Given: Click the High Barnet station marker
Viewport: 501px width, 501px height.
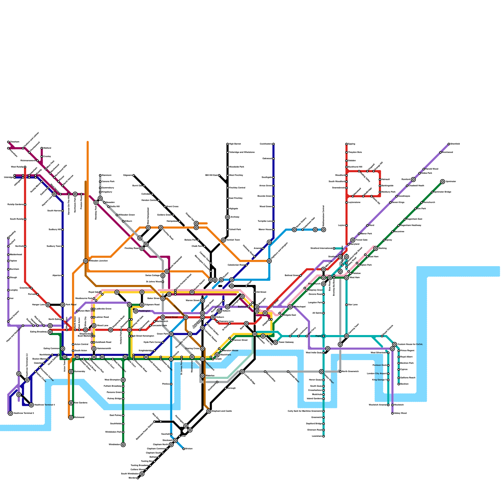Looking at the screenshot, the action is (228, 144).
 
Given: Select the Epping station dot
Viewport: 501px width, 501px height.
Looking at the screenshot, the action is (347, 144).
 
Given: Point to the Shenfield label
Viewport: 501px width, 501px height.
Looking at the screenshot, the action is (455, 144).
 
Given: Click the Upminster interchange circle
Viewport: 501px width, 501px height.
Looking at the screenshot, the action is (442, 182).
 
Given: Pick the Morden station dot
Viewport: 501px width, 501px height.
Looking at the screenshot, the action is (138, 478).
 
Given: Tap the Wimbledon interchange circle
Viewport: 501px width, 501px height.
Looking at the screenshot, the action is (123, 445).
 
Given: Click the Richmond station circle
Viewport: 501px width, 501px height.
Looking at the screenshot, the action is (71, 417).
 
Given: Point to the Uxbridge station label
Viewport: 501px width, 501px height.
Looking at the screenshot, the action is (8, 178).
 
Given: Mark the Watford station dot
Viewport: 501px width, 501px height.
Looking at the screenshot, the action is (42, 148).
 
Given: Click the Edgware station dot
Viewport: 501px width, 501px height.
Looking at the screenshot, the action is (134, 175).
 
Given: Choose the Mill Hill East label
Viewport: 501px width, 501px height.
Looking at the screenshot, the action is (211, 175).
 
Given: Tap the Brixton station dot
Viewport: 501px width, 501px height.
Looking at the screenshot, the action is (184, 449).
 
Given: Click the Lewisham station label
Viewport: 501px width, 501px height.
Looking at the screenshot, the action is (317, 436).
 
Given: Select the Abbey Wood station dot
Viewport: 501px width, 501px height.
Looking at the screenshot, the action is (392, 413).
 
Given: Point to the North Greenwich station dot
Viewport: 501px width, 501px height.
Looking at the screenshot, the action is (340, 372).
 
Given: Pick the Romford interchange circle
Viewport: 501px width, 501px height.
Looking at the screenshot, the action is (413, 179).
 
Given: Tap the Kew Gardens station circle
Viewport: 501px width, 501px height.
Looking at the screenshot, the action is (71, 403).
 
